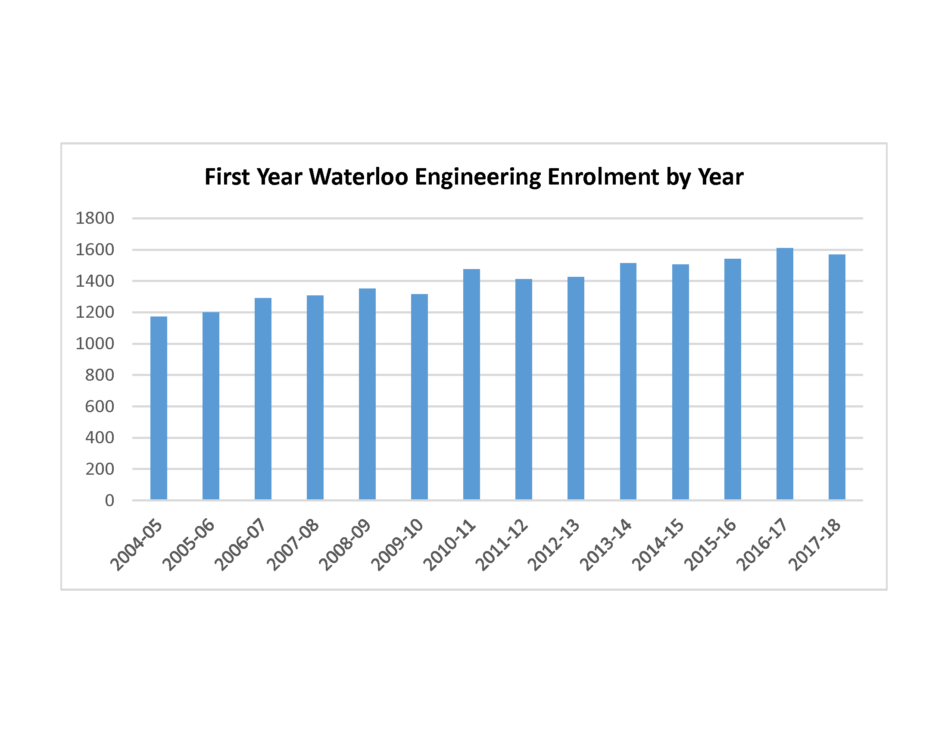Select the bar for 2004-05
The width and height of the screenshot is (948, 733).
(x=159, y=408)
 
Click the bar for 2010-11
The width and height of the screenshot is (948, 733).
(x=471, y=384)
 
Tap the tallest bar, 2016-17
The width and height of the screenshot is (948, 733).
(x=784, y=374)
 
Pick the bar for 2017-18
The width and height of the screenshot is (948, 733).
(x=836, y=377)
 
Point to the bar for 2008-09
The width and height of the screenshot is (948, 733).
(x=367, y=394)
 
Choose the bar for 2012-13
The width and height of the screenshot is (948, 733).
(x=576, y=388)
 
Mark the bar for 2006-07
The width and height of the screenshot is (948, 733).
(x=262, y=399)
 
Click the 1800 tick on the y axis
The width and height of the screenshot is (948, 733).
(x=95, y=218)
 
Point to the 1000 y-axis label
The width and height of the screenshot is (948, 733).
(x=95, y=344)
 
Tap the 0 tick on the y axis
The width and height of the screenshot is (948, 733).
(x=109, y=501)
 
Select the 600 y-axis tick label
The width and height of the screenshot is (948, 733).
(x=100, y=407)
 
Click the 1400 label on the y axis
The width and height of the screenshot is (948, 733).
(x=95, y=281)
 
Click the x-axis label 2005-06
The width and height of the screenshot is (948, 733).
(x=189, y=545)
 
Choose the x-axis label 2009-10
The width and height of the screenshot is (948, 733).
(x=397, y=545)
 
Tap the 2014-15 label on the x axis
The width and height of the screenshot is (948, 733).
(x=658, y=545)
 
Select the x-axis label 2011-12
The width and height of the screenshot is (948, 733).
(x=502, y=545)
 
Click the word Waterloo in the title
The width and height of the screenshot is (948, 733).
(x=359, y=177)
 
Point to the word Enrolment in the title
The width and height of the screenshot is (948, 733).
(x=604, y=177)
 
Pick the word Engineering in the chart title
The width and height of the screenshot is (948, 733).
(x=478, y=178)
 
